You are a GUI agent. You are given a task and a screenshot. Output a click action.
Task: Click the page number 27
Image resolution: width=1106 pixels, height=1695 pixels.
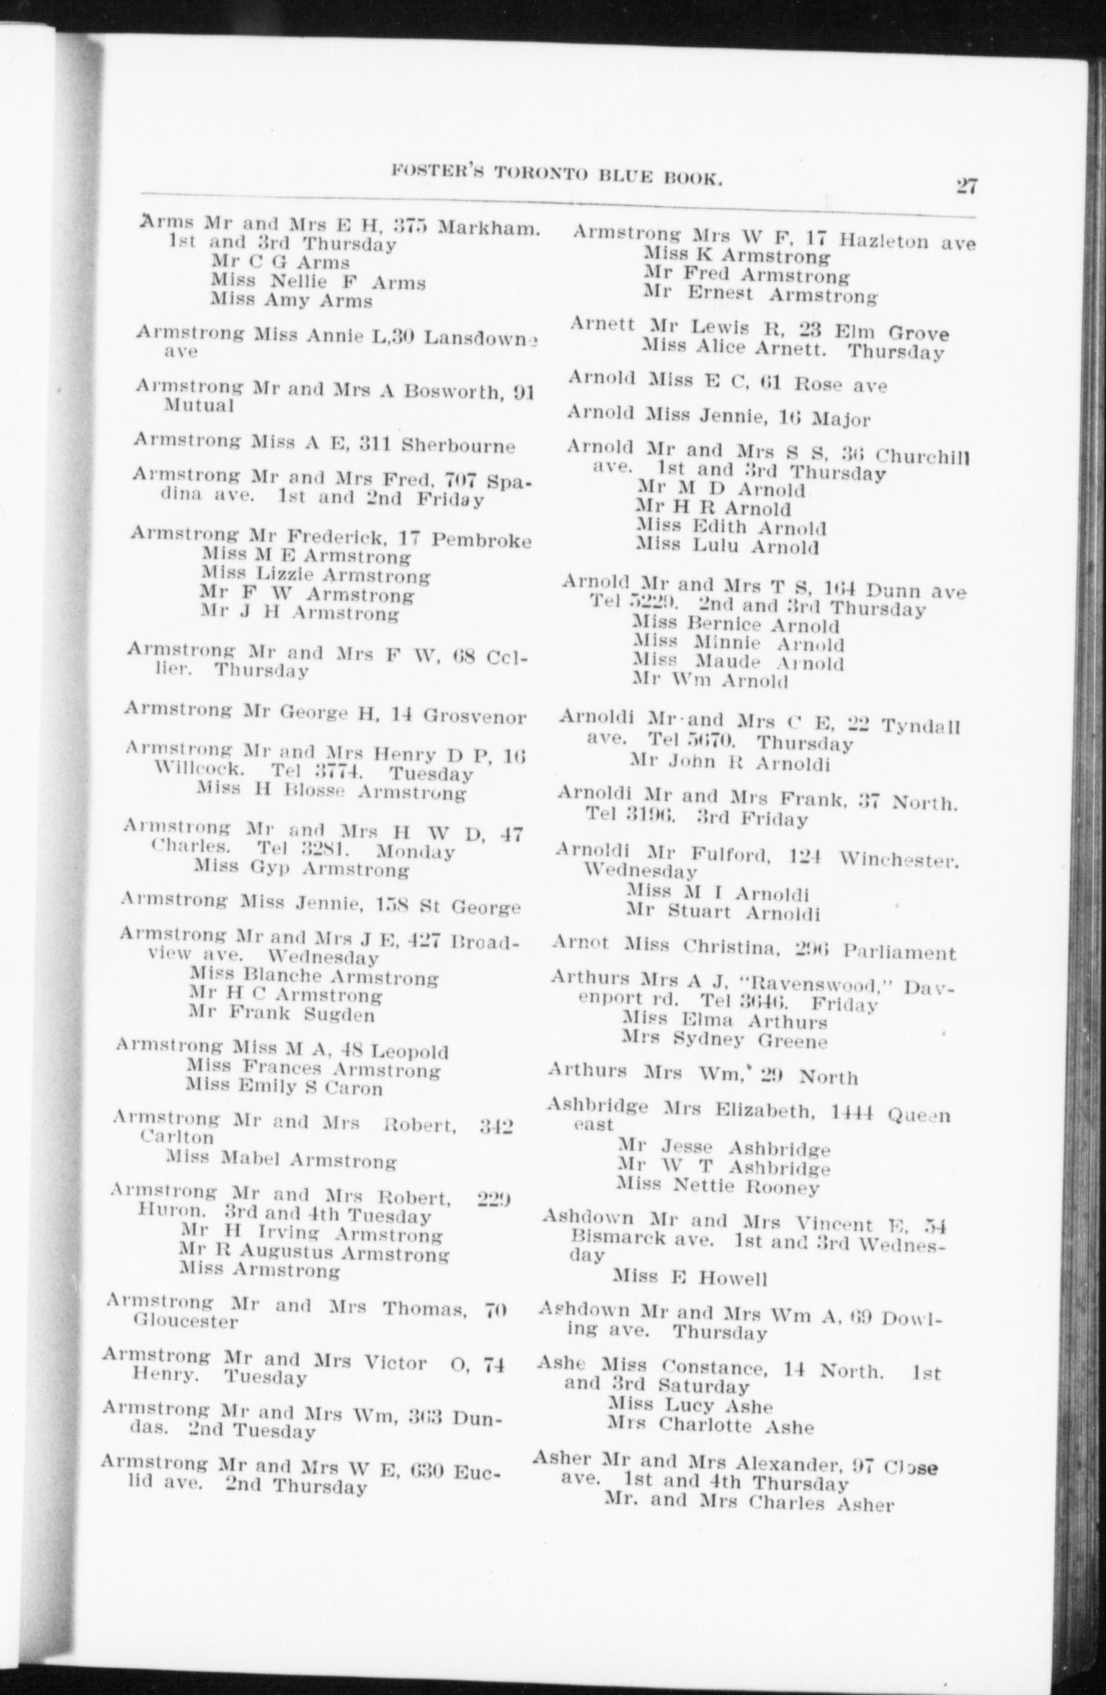[x=966, y=185]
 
